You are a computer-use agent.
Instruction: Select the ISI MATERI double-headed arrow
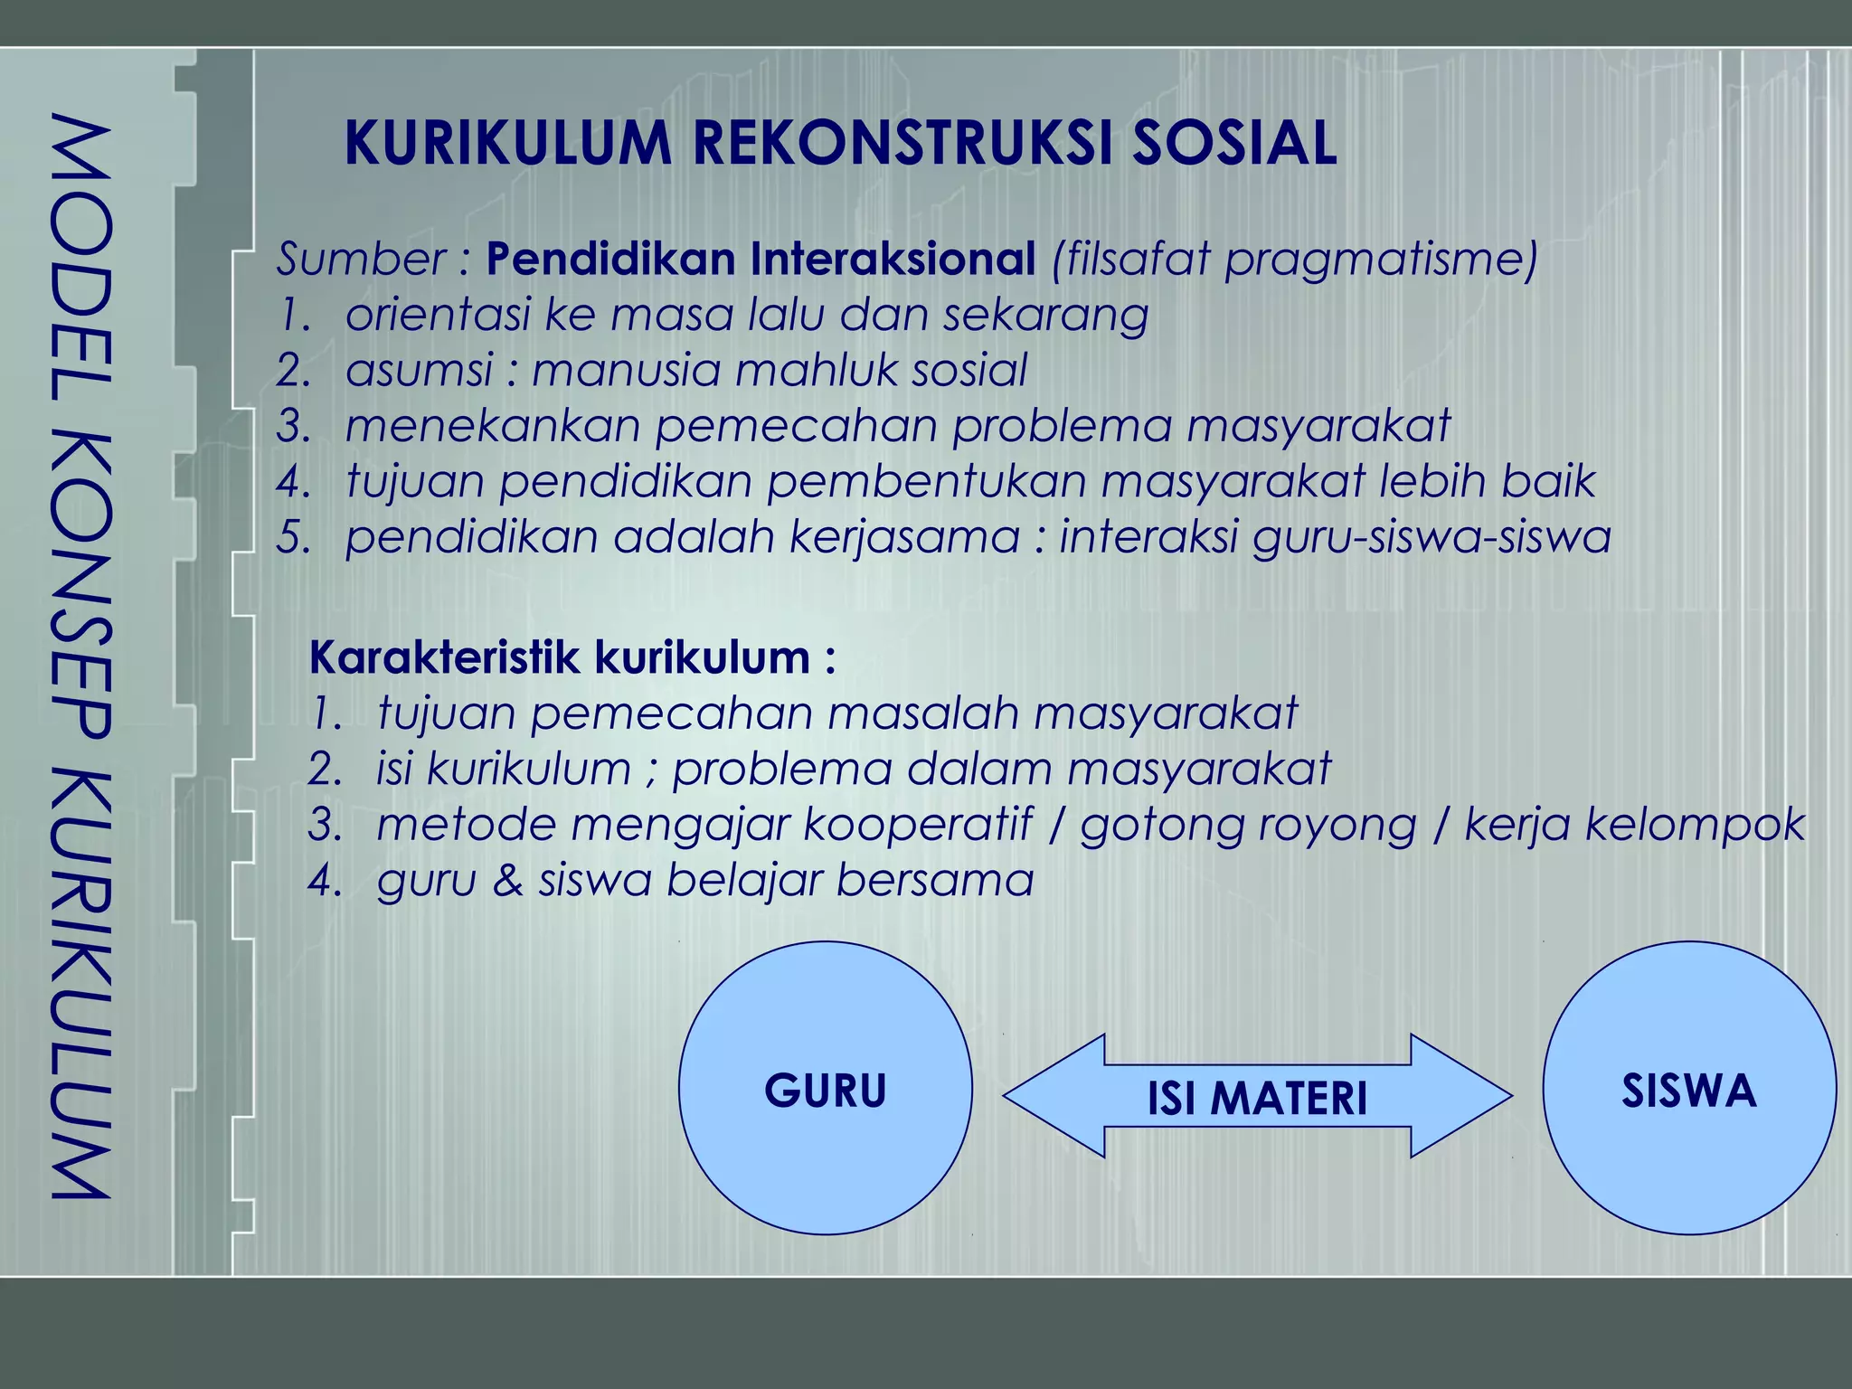point(1257,1097)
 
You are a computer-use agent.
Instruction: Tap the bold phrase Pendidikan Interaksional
point(761,259)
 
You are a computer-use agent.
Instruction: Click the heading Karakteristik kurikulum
point(572,657)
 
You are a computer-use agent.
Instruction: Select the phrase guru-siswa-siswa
point(1431,537)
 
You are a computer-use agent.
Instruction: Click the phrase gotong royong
point(1248,826)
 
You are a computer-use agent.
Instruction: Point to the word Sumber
point(358,260)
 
